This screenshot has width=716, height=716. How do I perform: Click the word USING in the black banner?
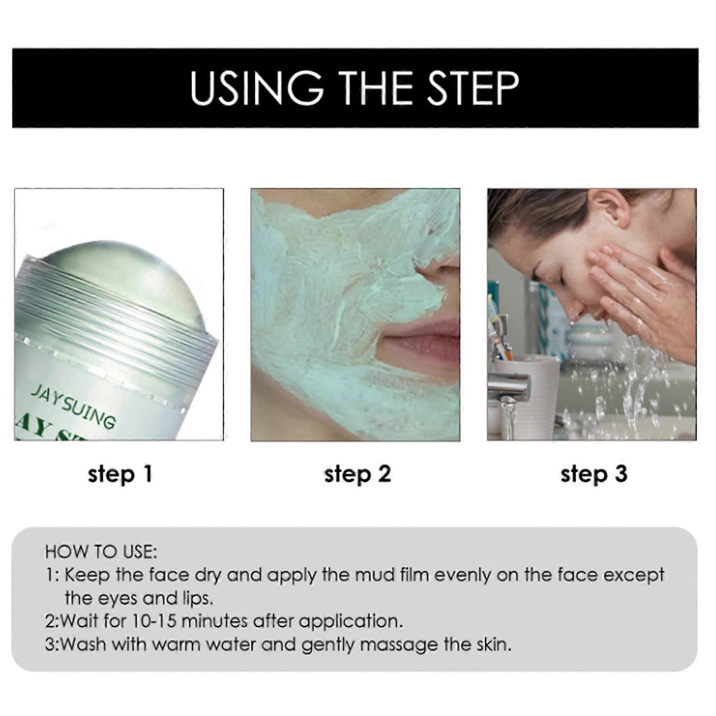[256, 88]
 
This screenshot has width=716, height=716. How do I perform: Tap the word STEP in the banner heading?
[474, 88]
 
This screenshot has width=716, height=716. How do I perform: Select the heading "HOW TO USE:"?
[101, 552]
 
